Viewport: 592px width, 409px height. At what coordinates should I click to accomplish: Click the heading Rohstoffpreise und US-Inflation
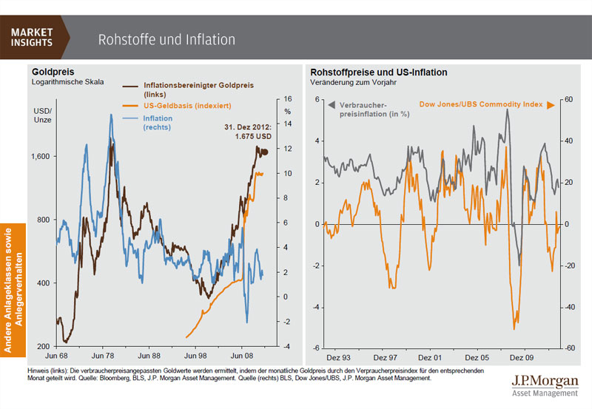(x=378, y=72)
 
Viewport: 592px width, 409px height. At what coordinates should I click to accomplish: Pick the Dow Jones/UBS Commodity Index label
(x=481, y=105)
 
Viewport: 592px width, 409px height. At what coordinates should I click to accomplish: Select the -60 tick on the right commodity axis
(x=571, y=347)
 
